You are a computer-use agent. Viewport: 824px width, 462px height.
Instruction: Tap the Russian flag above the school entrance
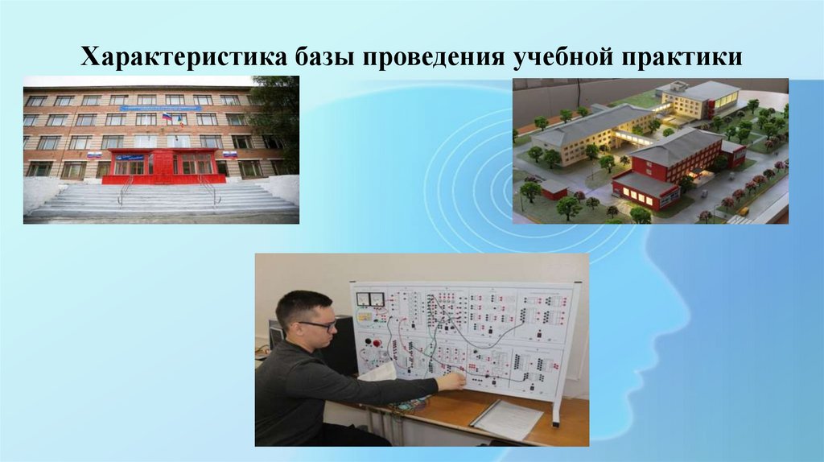click(x=167, y=117)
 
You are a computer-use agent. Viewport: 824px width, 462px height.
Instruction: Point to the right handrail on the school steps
click(x=211, y=191)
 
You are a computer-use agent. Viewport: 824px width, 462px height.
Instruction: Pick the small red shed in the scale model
click(x=554, y=190)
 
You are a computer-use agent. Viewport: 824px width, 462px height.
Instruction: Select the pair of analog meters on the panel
click(x=371, y=299)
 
